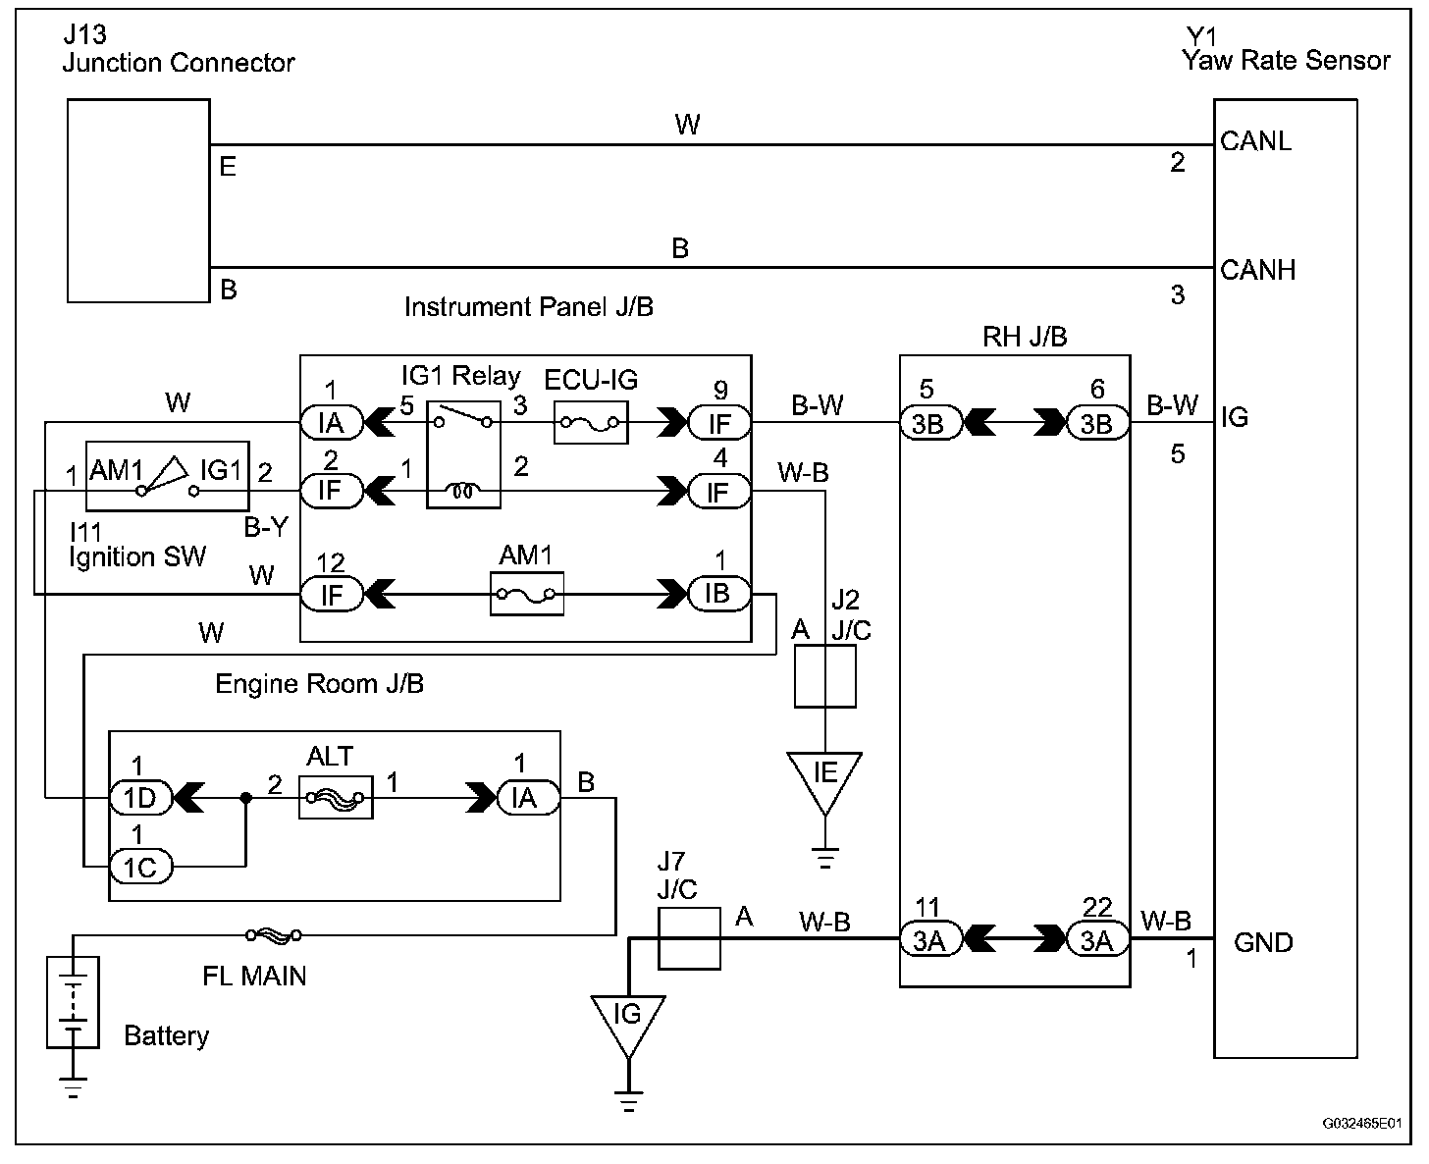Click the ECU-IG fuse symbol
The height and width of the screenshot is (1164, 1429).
pos(590,422)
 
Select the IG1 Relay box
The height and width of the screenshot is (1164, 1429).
pos(463,458)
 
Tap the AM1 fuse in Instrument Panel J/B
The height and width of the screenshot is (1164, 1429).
pos(527,594)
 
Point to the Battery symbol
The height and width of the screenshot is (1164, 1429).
pos(73,1002)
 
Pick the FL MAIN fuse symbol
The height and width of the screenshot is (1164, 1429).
pos(273,936)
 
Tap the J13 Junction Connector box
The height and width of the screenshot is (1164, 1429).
pos(137,199)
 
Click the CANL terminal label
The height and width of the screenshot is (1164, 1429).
pos(1256,141)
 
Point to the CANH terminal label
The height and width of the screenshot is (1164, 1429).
pos(1258,270)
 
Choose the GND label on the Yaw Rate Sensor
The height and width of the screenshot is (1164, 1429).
pos(1263,942)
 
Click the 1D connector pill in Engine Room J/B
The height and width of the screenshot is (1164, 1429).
pos(140,798)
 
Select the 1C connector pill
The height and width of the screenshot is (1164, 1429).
pos(140,867)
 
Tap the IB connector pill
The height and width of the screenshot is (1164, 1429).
pos(717,594)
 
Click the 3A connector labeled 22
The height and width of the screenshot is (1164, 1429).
pos(1097,940)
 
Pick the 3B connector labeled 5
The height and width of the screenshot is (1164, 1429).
pos(928,423)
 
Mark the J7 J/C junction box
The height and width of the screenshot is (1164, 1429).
pos(688,939)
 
